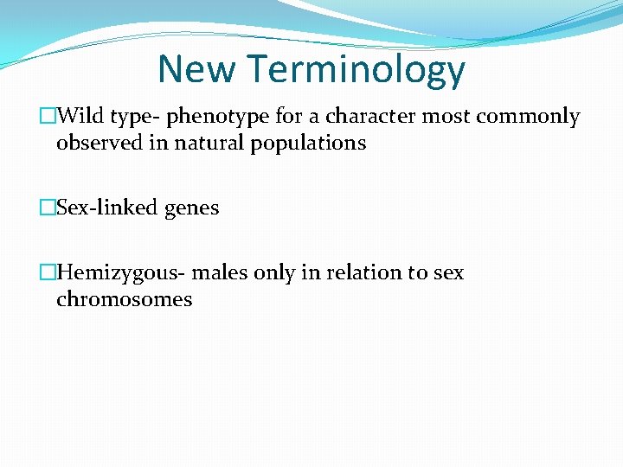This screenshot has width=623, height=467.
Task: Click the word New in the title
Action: pos(195,69)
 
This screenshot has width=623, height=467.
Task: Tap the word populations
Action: pos(309,144)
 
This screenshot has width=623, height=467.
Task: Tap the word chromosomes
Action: pos(124,300)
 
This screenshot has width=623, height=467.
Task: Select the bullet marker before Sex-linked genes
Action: pos(48,208)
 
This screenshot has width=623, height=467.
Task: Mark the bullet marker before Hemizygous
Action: pos(48,273)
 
